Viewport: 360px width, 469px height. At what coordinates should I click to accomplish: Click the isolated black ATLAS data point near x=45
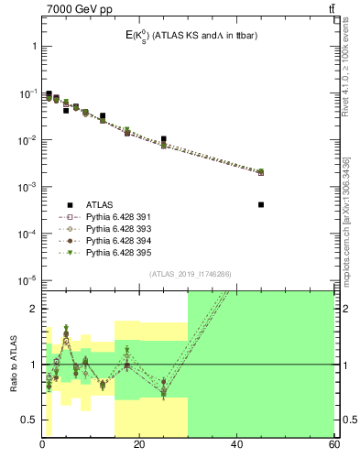pyautogui.click(x=261, y=204)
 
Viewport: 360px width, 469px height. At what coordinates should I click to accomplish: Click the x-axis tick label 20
pyautogui.click(x=139, y=445)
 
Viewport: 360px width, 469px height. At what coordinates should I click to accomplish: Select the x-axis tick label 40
pyautogui.click(x=236, y=445)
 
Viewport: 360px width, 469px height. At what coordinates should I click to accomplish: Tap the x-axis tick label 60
pyautogui.click(x=333, y=445)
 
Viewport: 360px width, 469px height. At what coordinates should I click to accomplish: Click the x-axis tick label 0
pyautogui.click(x=42, y=445)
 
